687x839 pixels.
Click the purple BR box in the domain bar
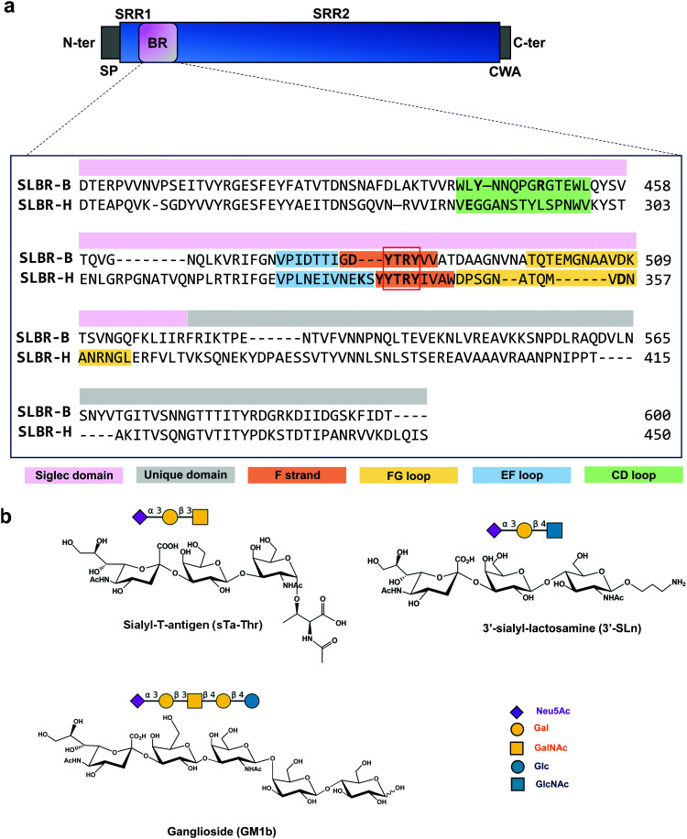pos(157,42)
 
